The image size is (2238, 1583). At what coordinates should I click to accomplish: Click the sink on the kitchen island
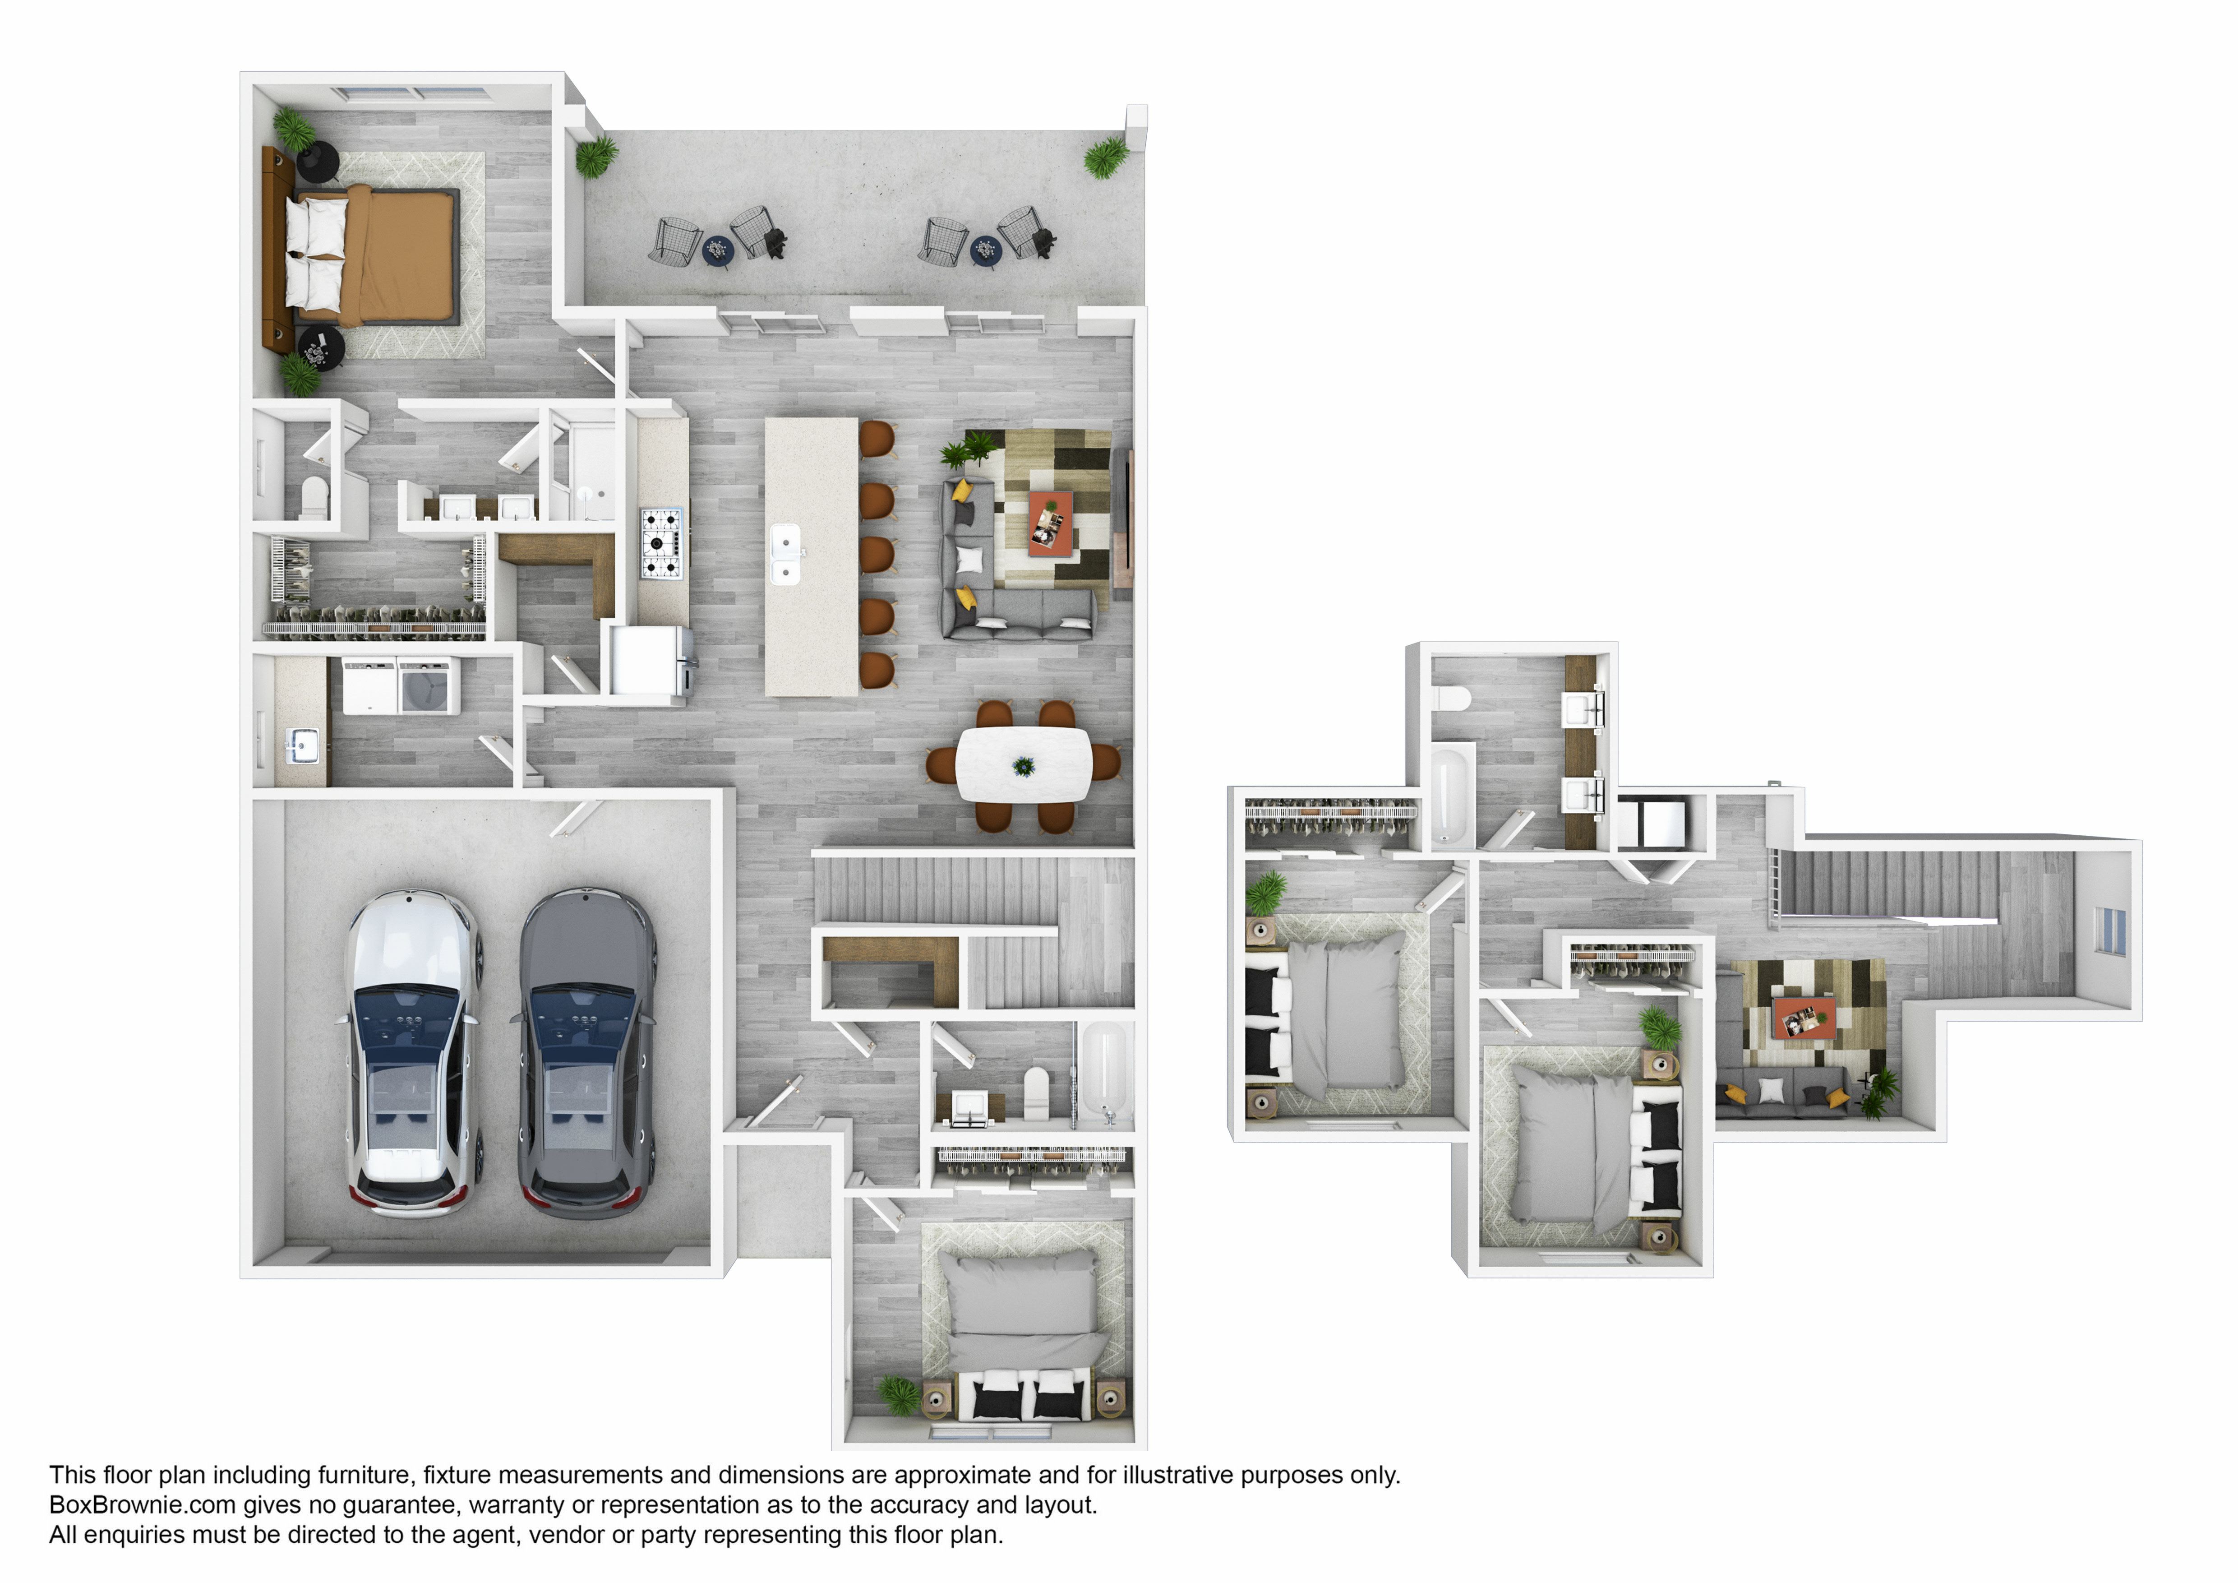(x=786, y=555)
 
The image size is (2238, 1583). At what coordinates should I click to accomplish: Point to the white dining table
(x=1024, y=765)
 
